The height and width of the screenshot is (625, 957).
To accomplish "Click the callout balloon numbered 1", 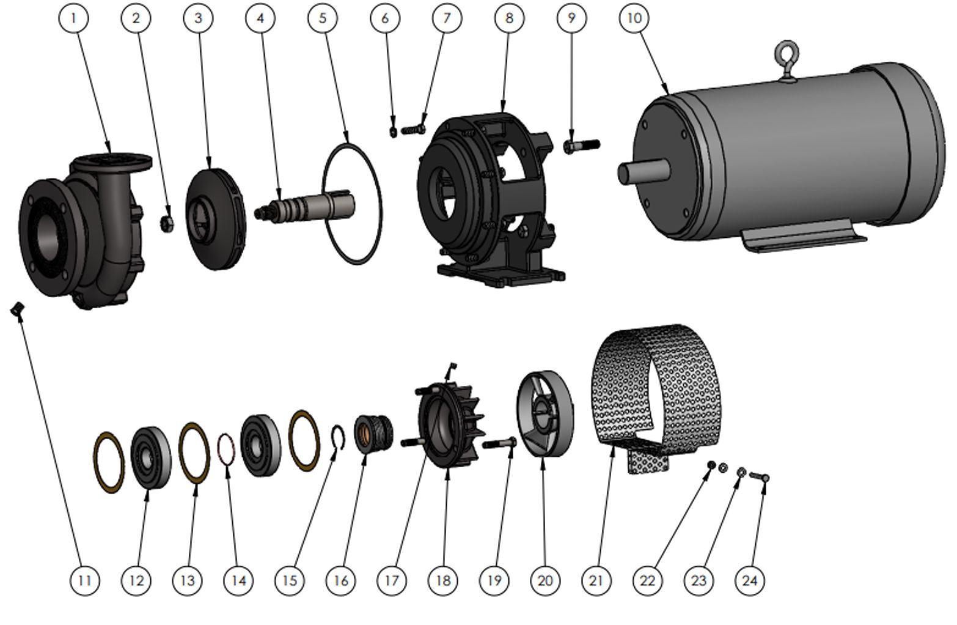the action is [x=74, y=18].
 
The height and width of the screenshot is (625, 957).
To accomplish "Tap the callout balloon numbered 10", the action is [x=634, y=18].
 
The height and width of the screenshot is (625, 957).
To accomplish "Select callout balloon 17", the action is [x=392, y=580].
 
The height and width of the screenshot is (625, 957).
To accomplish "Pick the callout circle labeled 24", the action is [x=750, y=580].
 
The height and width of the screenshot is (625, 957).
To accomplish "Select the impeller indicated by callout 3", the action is [x=216, y=219].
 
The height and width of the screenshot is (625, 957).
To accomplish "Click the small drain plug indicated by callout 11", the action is [x=18, y=308].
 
